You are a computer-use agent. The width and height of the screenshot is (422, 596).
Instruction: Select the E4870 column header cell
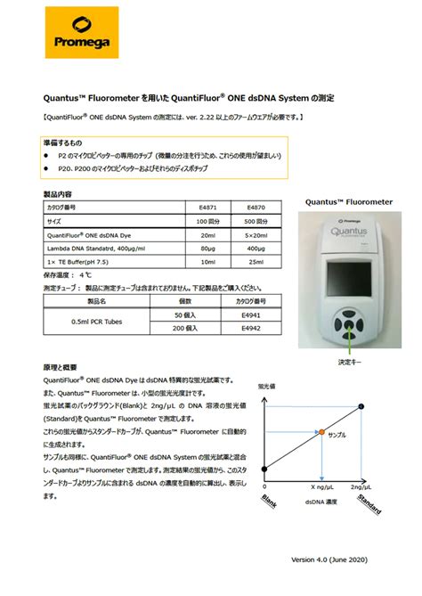pos(257,206)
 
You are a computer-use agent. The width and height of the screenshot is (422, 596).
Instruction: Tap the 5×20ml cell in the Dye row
pos(257,233)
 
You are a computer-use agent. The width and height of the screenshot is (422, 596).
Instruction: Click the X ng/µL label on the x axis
pos(321,488)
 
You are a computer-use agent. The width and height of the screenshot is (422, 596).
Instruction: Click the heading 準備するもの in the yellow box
pos(63,142)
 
